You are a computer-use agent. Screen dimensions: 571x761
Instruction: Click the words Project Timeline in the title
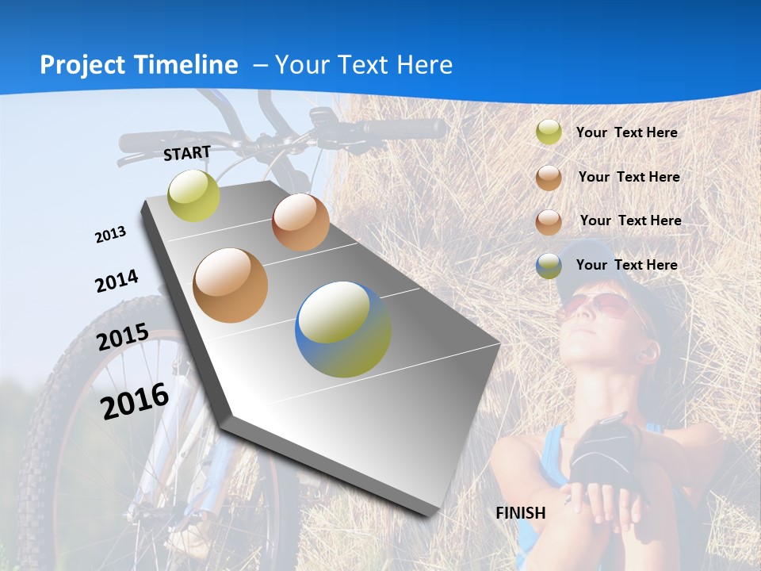click(x=139, y=65)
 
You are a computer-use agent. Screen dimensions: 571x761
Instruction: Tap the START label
click(x=187, y=153)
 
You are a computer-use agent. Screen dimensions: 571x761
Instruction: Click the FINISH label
click(x=521, y=513)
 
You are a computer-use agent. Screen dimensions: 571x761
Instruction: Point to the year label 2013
click(x=111, y=235)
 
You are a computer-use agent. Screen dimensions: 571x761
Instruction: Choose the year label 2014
click(x=117, y=281)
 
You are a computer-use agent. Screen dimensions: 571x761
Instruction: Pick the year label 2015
click(x=123, y=336)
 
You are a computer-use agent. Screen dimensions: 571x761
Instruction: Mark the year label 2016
click(x=135, y=400)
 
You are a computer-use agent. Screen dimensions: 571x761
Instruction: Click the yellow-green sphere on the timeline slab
click(x=193, y=196)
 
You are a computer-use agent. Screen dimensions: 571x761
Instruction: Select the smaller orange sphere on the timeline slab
click(x=300, y=222)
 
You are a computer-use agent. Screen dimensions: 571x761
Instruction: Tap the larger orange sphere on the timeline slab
click(x=231, y=285)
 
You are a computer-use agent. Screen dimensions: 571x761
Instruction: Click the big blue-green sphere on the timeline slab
click(x=343, y=329)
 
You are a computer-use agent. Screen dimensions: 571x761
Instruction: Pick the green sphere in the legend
click(x=549, y=132)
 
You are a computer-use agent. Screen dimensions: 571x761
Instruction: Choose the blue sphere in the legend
click(x=549, y=266)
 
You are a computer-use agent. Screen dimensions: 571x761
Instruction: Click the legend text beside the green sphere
click(x=626, y=133)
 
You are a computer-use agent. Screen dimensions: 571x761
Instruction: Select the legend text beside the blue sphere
click(x=626, y=265)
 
